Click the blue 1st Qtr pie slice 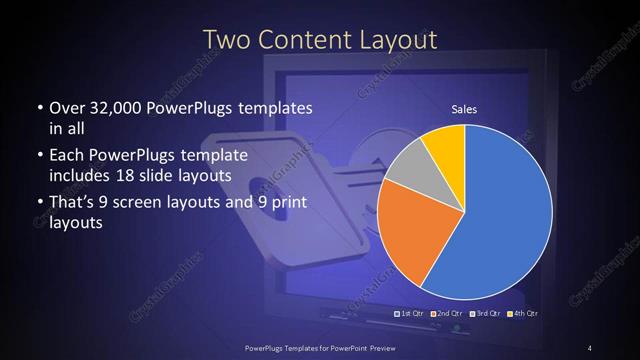click(x=505, y=220)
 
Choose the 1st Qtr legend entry click(x=411, y=314)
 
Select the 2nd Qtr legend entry click(x=447, y=314)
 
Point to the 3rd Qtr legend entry click(x=485, y=314)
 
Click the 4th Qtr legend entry click(x=523, y=314)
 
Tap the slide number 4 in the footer click(x=590, y=347)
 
